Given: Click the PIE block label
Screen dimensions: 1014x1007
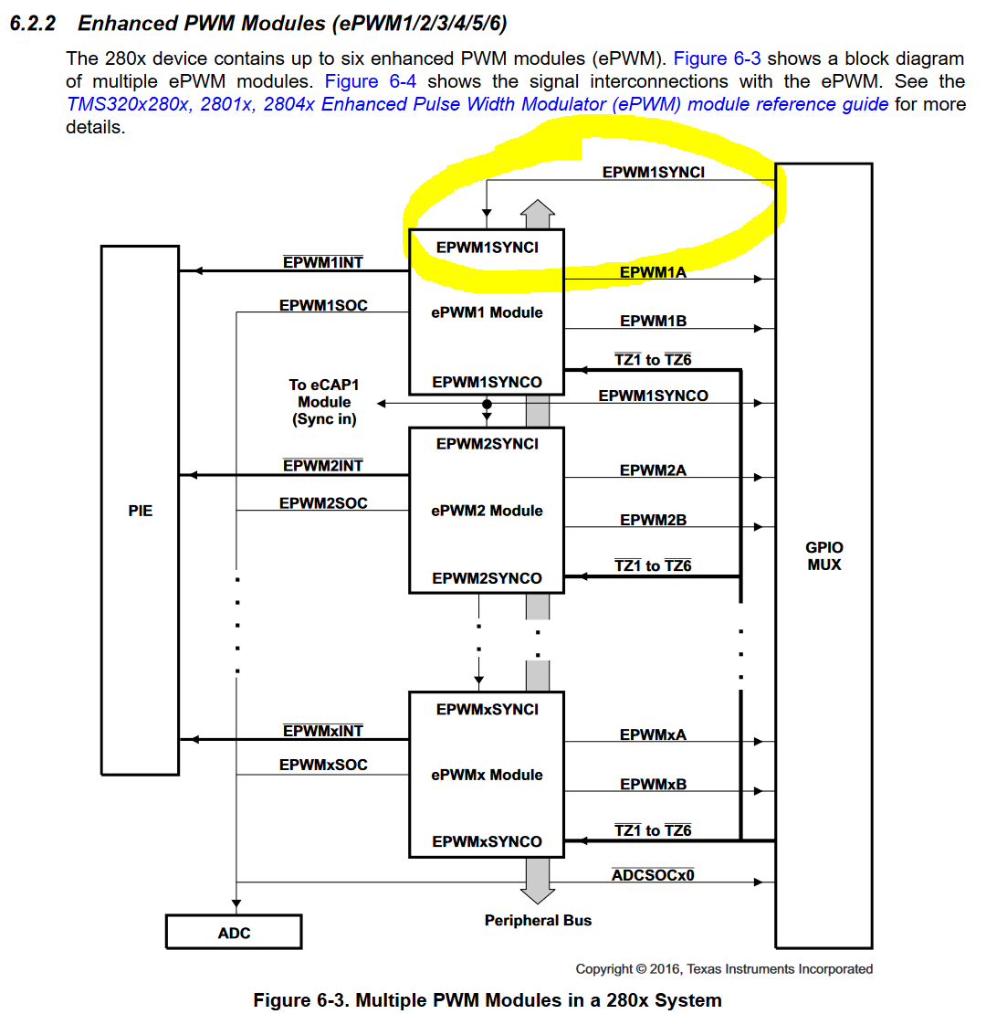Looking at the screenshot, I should point(141,511).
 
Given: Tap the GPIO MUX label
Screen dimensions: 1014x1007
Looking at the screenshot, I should point(823,555).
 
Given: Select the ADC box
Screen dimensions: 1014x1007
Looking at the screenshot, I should point(234,933).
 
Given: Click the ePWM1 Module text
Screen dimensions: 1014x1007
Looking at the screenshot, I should point(487,312).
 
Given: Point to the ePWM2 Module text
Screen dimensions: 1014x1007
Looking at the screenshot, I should point(487,511).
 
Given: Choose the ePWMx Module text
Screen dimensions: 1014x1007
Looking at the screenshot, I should point(487,775).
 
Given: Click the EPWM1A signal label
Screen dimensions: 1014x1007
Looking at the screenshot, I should point(653,272).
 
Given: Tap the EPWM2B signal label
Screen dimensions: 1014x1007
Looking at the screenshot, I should point(653,520).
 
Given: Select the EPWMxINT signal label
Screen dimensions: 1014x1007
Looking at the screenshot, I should point(323,731).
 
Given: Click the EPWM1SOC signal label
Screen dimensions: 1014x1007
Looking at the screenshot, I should point(323,305).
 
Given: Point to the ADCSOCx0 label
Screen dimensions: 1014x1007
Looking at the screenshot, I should point(653,875).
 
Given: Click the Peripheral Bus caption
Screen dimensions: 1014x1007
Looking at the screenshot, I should point(538,920).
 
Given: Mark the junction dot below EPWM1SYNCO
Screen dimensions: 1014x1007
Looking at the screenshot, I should point(487,404).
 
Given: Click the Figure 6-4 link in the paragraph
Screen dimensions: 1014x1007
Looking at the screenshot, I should point(371,81).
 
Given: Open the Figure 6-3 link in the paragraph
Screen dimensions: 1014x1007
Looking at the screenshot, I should point(717,58).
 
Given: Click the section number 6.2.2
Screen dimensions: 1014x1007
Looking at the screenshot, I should point(33,23).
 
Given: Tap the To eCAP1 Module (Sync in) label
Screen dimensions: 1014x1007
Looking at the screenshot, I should point(324,402).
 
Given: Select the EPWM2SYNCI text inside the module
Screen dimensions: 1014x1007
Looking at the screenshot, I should point(487,444).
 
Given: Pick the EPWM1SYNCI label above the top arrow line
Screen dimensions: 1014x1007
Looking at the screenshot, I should point(653,172).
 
